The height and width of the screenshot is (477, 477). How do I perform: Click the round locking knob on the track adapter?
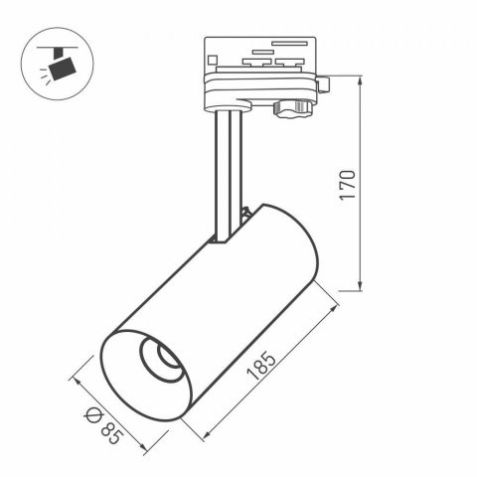pyautogui.click(x=297, y=107)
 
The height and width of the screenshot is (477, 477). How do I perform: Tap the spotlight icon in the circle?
pyautogui.click(x=57, y=62)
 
